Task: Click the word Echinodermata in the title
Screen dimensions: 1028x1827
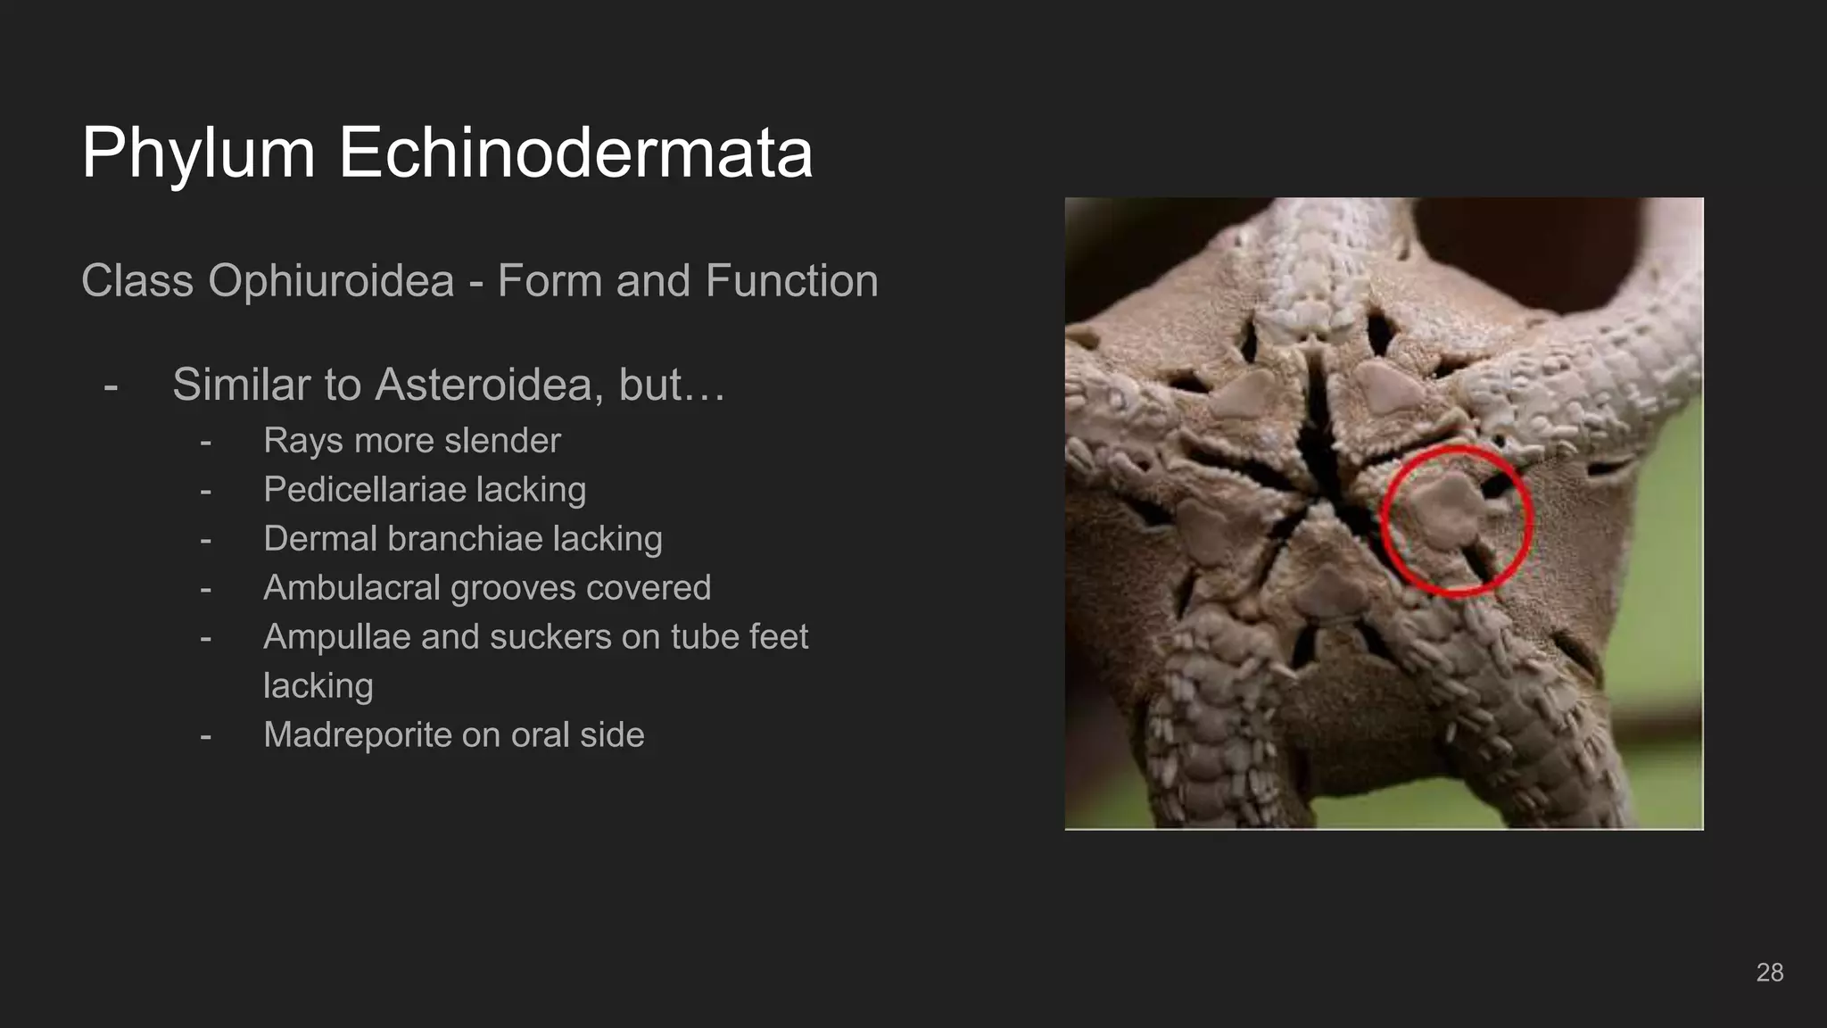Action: [x=575, y=153]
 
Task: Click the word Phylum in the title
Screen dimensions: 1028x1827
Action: [x=198, y=153]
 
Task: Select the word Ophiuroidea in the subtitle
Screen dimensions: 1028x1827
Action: [x=331, y=281]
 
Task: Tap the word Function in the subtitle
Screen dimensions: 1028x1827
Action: [x=791, y=281]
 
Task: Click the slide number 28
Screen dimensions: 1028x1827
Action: [x=1769, y=973]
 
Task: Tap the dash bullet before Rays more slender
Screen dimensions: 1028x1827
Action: [x=206, y=442]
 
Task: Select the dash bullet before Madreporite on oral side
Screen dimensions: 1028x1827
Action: [x=206, y=736]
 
